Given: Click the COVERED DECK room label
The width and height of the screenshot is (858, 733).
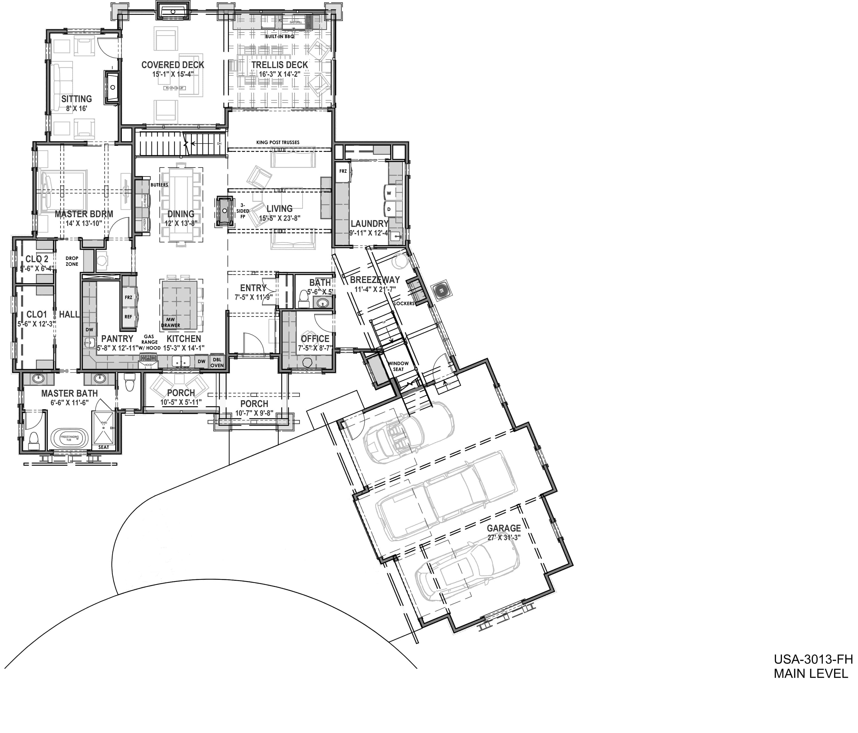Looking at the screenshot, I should (x=173, y=65).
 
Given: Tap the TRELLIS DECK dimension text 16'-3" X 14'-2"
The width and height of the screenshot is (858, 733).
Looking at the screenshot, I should (x=280, y=74).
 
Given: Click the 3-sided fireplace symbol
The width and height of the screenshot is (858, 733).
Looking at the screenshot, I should (x=224, y=211).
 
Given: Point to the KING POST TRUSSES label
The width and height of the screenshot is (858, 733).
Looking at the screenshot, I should (x=278, y=142).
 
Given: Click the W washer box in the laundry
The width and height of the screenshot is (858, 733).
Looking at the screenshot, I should (x=389, y=193).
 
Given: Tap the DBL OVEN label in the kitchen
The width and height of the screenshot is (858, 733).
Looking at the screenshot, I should (x=217, y=362).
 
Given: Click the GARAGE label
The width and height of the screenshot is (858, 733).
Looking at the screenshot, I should (x=504, y=528).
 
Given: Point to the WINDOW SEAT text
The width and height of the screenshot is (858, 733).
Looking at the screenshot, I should (x=398, y=366).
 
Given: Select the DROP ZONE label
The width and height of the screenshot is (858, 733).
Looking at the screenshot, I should (x=72, y=261).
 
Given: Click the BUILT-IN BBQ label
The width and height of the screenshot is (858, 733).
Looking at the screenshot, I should (x=280, y=36).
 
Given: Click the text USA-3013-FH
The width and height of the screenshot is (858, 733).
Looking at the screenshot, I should (x=813, y=659).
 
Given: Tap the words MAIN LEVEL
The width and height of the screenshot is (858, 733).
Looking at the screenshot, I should (x=811, y=674).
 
